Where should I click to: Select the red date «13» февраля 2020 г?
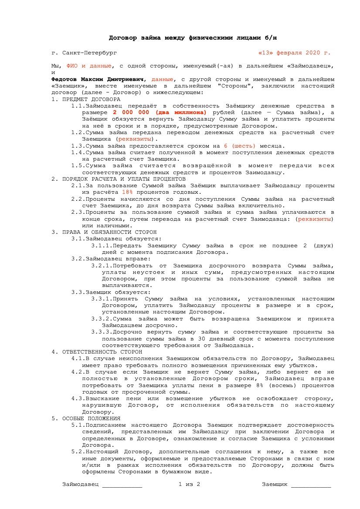pyautogui.click(x=294, y=53)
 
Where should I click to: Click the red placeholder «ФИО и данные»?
pyautogui.click(x=89, y=66)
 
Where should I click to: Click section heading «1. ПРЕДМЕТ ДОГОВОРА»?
pyautogui.click(x=85, y=99)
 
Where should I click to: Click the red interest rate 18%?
pyautogui.click(x=127, y=192)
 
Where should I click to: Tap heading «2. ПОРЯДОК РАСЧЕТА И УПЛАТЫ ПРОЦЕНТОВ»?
pyautogui.click(x=119, y=179)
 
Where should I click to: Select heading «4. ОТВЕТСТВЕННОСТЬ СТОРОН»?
pyautogui.click(x=97, y=351)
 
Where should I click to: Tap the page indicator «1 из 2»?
pyautogui.click(x=189, y=484)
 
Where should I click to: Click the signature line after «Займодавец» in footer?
pyautogui.click(x=122, y=485)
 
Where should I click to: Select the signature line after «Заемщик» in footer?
pyautogui.click(x=311, y=485)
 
